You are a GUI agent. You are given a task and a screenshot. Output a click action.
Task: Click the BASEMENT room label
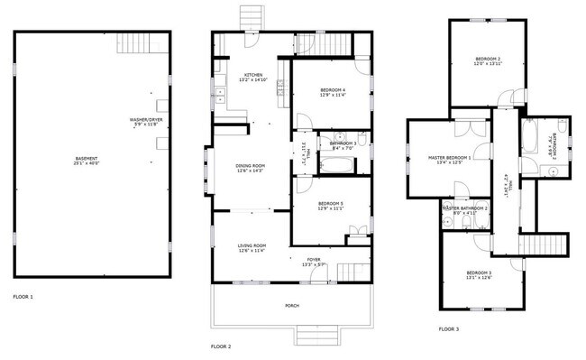[x=87, y=159]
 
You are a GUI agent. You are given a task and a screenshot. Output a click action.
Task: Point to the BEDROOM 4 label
[x=332, y=89]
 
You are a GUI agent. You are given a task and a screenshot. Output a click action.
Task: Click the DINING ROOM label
[x=250, y=165]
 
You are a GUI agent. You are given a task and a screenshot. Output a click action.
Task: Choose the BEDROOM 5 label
[x=331, y=204]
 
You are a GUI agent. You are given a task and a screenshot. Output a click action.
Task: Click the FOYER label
[x=313, y=259]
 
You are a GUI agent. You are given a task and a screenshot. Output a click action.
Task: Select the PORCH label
[x=292, y=306]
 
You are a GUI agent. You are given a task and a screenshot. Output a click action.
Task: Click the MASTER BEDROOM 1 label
[x=449, y=157]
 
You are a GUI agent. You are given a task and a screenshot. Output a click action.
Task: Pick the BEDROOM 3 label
[x=479, y=272]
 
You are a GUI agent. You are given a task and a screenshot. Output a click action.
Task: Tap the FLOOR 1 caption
[x=23, y=296]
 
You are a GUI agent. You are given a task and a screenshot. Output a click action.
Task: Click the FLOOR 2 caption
[x=221, y=346]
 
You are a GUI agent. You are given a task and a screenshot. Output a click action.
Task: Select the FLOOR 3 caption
[x=449, y=329]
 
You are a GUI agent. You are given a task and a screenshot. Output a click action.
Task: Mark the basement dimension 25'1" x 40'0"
[x=87, y=163]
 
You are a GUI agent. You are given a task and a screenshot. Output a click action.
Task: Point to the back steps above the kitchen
[x=250, y=18]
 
